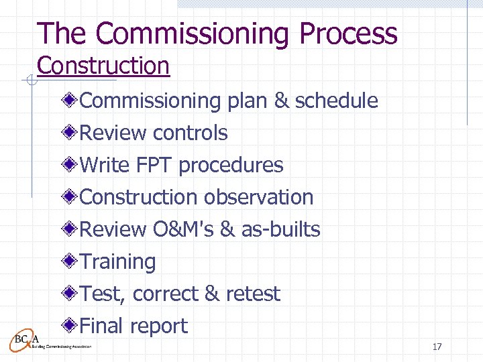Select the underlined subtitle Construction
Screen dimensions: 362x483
(x=103, y=66)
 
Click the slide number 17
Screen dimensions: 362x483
(x=437, y=347)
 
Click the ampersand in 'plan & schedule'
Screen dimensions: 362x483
(x=282, y=101)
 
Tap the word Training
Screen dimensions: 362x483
(x=117, y=261)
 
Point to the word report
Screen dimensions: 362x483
(x=158, y=326)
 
